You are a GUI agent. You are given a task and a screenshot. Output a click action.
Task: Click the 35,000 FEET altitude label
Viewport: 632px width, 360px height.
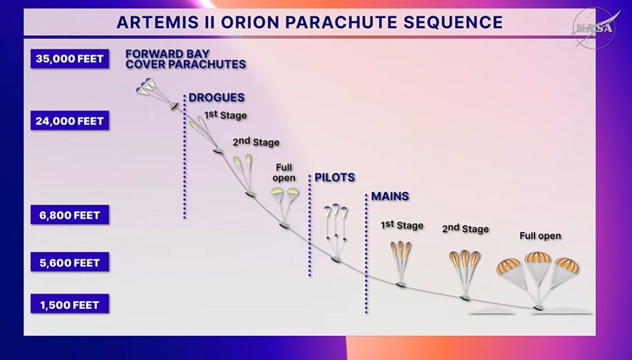[x=70, y=59]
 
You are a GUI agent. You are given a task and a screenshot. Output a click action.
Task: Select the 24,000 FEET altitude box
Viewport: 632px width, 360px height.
[x=70, y=120]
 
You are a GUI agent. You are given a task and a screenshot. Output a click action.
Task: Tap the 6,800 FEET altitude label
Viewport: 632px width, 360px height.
[x=70, y=215]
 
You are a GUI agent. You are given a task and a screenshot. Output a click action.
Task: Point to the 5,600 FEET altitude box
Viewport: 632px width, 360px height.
[x=70, y=262]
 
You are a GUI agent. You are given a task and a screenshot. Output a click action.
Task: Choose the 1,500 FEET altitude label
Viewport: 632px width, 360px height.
[x=70, y=304]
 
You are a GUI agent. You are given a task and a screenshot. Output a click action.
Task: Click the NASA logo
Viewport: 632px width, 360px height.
[x=594, y=27]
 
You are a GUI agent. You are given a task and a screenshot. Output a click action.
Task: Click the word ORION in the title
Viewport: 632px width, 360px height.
[x=249, y=22]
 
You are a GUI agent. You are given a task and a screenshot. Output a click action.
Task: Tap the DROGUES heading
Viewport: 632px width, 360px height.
[x=217, y=98]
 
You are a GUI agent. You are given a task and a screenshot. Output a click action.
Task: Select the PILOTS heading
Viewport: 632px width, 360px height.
[x=335, y=177]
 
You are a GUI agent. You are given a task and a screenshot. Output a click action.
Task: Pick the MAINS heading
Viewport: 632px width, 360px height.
[x=390, y=196]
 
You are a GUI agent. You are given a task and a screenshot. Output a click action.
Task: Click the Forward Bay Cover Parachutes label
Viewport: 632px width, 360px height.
[x=185, y=59]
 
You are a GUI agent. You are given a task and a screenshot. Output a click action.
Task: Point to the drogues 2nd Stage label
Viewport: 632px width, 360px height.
[x=256, y=142]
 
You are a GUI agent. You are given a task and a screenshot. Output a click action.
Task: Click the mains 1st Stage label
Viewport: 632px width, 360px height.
[x=402, y=225]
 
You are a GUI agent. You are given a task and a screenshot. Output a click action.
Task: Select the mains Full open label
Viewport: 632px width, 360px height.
[x=540, y=236]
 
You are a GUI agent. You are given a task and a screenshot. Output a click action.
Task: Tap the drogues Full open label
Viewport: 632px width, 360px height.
[x=284, y=172]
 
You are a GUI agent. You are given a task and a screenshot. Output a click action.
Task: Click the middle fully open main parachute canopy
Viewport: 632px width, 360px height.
[x=538, y=257]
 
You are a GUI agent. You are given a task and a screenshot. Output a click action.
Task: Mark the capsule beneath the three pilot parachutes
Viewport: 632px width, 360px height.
[x=335, y=259]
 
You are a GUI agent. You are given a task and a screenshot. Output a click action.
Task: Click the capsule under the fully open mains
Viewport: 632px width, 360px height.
[x=538, y=308]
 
